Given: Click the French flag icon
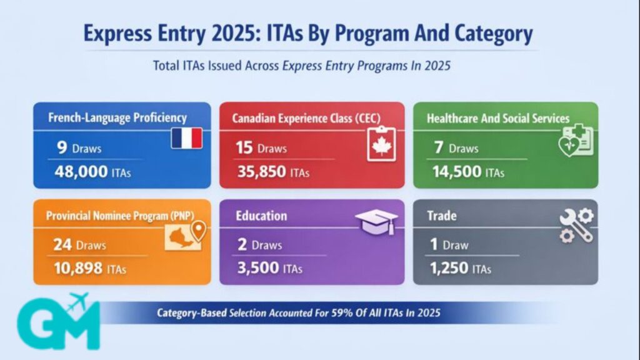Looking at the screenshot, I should (186, 138).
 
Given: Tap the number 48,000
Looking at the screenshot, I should (82, 172).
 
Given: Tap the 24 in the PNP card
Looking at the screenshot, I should (62, 245).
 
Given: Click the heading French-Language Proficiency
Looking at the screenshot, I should (117, 117).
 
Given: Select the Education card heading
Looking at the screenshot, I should (261, 216).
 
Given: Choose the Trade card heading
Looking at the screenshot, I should (441, 216).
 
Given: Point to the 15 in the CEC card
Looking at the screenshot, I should (244, 148).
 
